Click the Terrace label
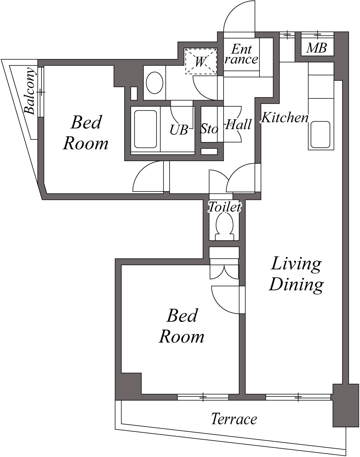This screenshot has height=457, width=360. (x=234, y=419)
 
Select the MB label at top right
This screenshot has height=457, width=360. (x=317, y=48)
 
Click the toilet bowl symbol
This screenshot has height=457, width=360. (x=224, y=225)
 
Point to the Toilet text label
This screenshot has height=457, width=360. (x=224, y=208)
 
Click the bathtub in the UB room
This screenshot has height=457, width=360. (x=145, y=129)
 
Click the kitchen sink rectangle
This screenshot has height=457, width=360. (x=320, y=134)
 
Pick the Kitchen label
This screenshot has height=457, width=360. (x=285, y=118)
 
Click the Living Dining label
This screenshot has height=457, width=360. (x=296, y=274)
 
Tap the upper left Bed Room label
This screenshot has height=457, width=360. (x=86, y=133)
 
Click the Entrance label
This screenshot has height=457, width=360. (x=241, y=54)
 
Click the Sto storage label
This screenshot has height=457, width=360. (x=209, y=129)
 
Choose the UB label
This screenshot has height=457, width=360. (x=179, y=130)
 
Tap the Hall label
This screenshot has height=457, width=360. (x=238, y=125)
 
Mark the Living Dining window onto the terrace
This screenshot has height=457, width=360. (x=298, y=397)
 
